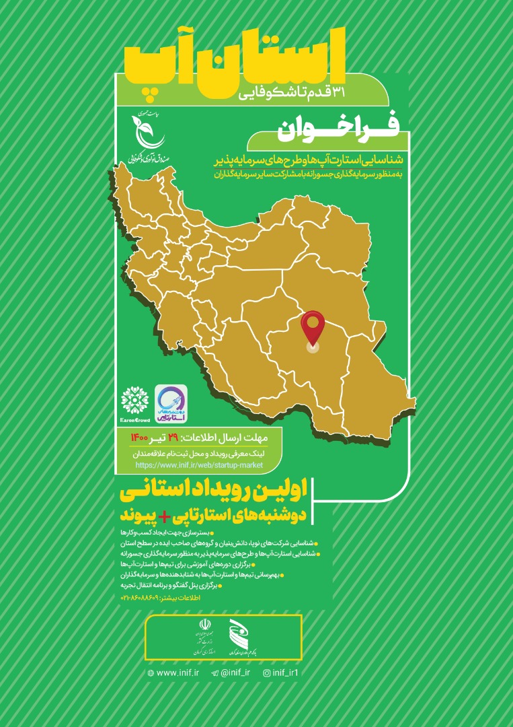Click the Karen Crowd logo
coord(134,401)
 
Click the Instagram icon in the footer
coord(266,672)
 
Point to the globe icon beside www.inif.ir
coord(150,672)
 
